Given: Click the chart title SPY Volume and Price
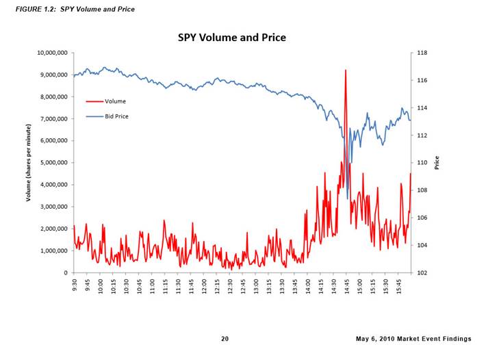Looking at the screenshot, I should point(231,38).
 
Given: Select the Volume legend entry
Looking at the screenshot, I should point(114,101).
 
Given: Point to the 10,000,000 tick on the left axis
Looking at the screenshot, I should point(48,53).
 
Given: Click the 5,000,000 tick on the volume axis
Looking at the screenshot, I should point(50,163).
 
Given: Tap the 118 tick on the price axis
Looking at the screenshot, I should point(422,53).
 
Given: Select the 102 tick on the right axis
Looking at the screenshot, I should point(422,272).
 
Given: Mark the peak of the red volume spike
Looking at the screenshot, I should point(346,70).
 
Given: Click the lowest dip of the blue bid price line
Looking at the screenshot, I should point(348,198).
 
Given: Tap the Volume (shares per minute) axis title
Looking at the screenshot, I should point(29,163).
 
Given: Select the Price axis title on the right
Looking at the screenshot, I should point(436,163).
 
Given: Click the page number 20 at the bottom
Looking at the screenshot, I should point(225,339).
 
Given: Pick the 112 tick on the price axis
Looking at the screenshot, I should point(422,136).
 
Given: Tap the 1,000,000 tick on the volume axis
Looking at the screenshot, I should point(50,250).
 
